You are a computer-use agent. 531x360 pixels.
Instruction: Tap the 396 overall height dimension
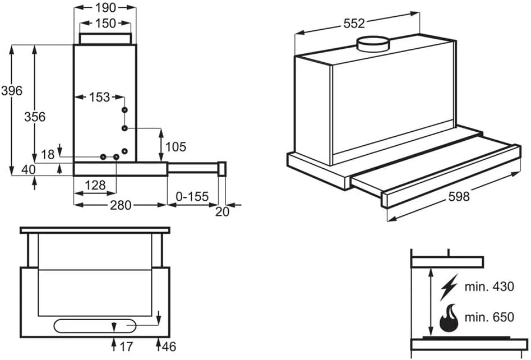11,90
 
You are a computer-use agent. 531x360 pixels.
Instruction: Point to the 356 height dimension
35,117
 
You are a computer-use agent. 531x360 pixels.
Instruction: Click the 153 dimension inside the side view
99,97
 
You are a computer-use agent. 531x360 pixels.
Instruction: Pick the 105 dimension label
176,147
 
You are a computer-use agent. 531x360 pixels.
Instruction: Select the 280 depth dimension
120,205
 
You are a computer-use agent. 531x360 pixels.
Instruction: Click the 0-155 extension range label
192,197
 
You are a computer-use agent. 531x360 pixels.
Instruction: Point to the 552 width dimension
354,23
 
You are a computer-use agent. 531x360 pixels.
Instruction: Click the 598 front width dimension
459,197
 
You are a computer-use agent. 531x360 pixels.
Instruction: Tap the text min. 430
489,287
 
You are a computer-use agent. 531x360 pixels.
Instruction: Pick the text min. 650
489,317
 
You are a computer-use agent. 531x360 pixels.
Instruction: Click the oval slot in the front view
95,326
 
